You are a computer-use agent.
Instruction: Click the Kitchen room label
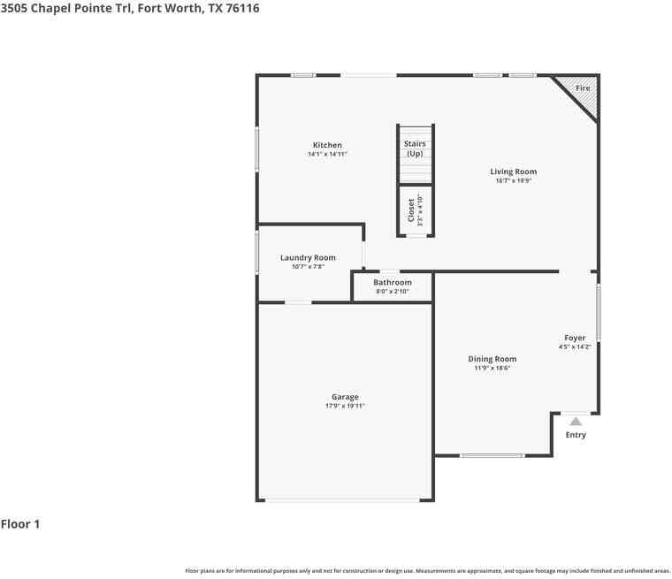click(x=327, y=145)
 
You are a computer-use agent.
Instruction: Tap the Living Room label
click(x=513, y=171)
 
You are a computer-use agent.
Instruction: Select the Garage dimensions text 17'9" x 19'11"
click(x=345, y=406)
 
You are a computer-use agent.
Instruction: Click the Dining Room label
click(x=492, y=359)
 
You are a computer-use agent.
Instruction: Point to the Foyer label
click(x=575, y=338)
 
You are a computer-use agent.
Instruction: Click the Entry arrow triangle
click(x=576, y=422)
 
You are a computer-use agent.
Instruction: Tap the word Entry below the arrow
click(x=576, y=435)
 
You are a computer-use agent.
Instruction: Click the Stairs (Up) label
click(x=415, y=149)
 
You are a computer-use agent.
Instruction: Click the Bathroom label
click(x=392, y=282)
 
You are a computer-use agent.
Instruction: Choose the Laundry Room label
click(x=308, y=257)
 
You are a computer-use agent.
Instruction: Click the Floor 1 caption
click(x=20, y=524)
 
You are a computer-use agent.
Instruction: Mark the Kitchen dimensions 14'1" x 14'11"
click(x=327, y=154)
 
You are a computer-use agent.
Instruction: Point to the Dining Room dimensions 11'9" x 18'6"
click(x=492, y=368)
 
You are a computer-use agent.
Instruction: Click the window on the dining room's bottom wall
click(x=492, y=455)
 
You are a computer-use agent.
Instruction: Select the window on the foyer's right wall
click(x=599, y=312)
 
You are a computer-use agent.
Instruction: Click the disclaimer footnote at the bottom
click(x=427, y=571)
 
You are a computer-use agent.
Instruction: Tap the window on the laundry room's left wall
click(x=257, y=253)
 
